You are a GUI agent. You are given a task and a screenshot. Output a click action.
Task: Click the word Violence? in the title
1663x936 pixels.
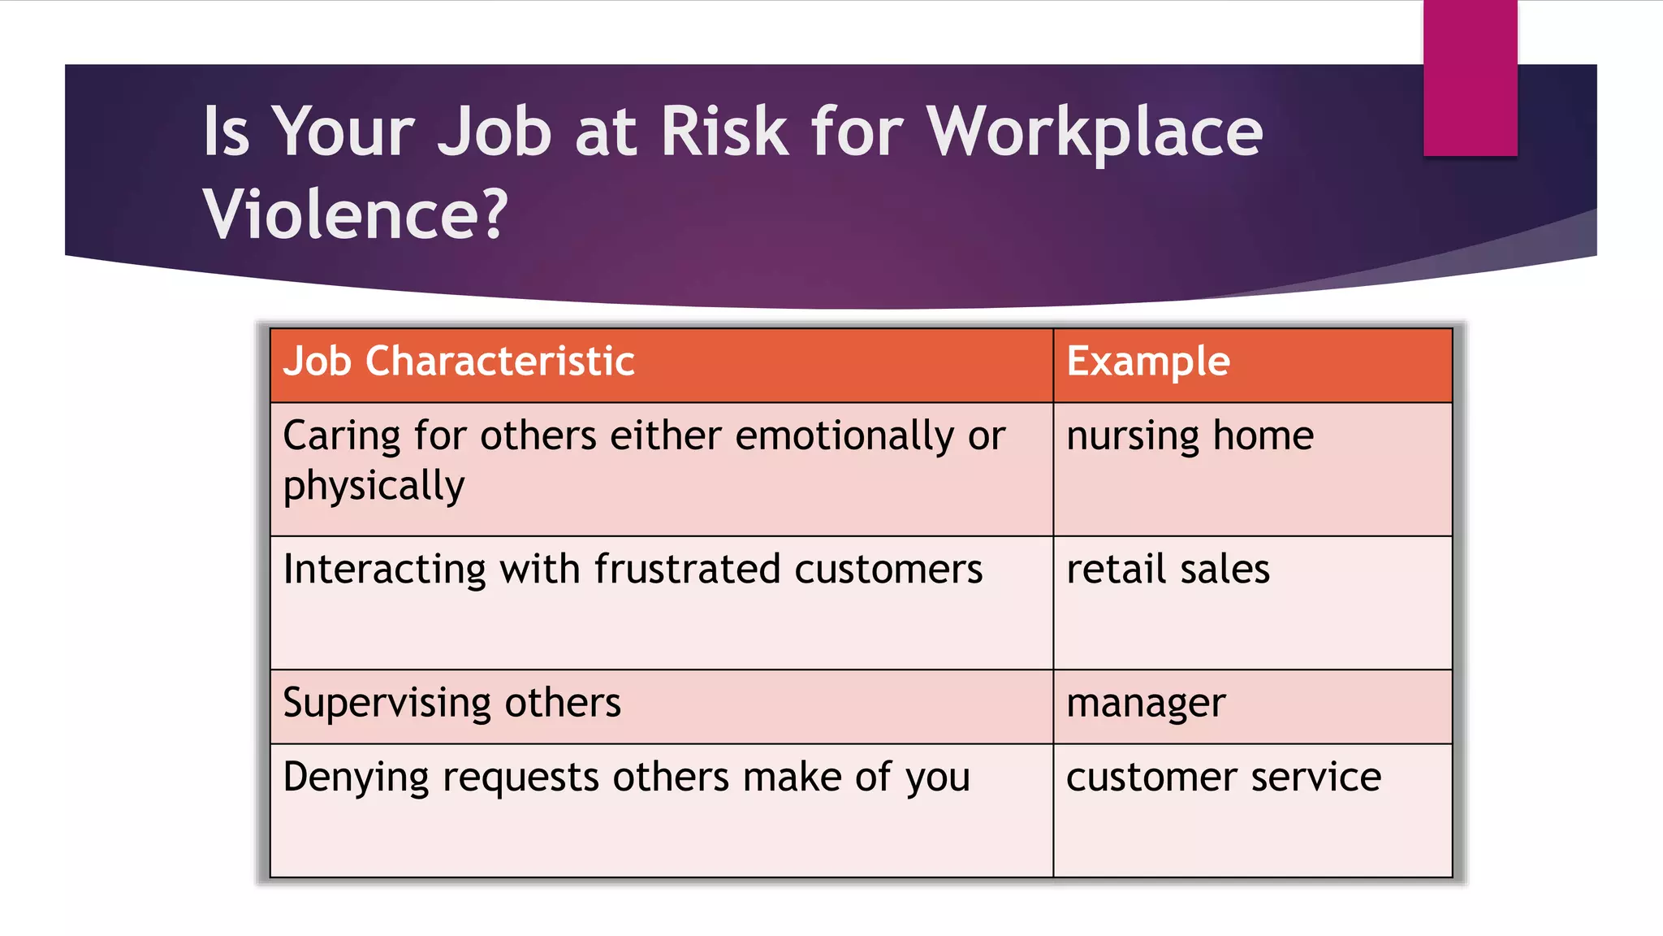355,214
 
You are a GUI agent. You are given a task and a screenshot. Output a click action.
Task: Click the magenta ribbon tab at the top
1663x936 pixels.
1470,78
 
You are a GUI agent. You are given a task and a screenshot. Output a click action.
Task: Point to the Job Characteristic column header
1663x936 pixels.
459,362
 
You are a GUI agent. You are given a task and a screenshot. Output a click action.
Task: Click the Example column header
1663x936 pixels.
1148,362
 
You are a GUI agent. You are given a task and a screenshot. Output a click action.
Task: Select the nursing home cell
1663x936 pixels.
1190,436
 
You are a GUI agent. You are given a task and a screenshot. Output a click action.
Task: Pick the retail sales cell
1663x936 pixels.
1168,569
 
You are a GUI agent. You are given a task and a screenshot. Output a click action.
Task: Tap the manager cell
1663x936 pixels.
1146,704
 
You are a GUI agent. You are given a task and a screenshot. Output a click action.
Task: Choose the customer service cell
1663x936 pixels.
1223,778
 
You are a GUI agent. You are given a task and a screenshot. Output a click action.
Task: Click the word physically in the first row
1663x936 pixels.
374,487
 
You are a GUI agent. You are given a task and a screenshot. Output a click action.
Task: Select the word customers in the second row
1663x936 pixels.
888,569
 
